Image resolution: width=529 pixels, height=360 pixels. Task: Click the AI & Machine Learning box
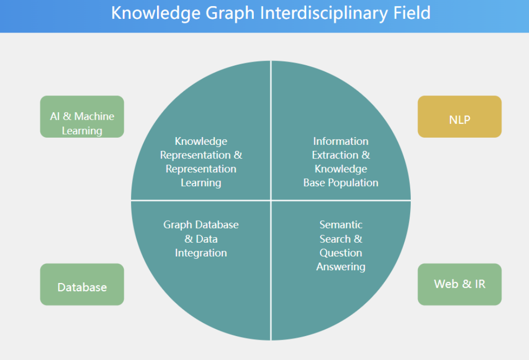[82, 117]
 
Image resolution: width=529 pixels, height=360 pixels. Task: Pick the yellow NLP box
[460, 117]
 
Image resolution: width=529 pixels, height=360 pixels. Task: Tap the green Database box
[82, 285]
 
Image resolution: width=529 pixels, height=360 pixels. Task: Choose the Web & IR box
[460, 285]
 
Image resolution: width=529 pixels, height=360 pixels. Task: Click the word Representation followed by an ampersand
[196, 155]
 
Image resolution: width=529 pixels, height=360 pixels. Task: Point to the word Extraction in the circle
[335, 155]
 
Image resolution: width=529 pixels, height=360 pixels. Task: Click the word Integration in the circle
[201, 253]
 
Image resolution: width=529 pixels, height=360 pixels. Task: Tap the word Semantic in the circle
[341, 224]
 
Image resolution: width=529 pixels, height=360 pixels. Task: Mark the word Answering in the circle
[341, 267]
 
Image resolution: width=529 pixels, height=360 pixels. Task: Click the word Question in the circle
[341, 253]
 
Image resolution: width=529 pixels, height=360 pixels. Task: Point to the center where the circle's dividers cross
[271, 200]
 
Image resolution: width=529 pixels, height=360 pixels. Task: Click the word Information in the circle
[341, 141]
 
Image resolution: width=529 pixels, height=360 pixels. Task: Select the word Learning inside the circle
[201, 183]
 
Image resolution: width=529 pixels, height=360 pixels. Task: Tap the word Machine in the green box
[94, 116]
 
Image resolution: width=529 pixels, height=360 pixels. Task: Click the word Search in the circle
[335, 239]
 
